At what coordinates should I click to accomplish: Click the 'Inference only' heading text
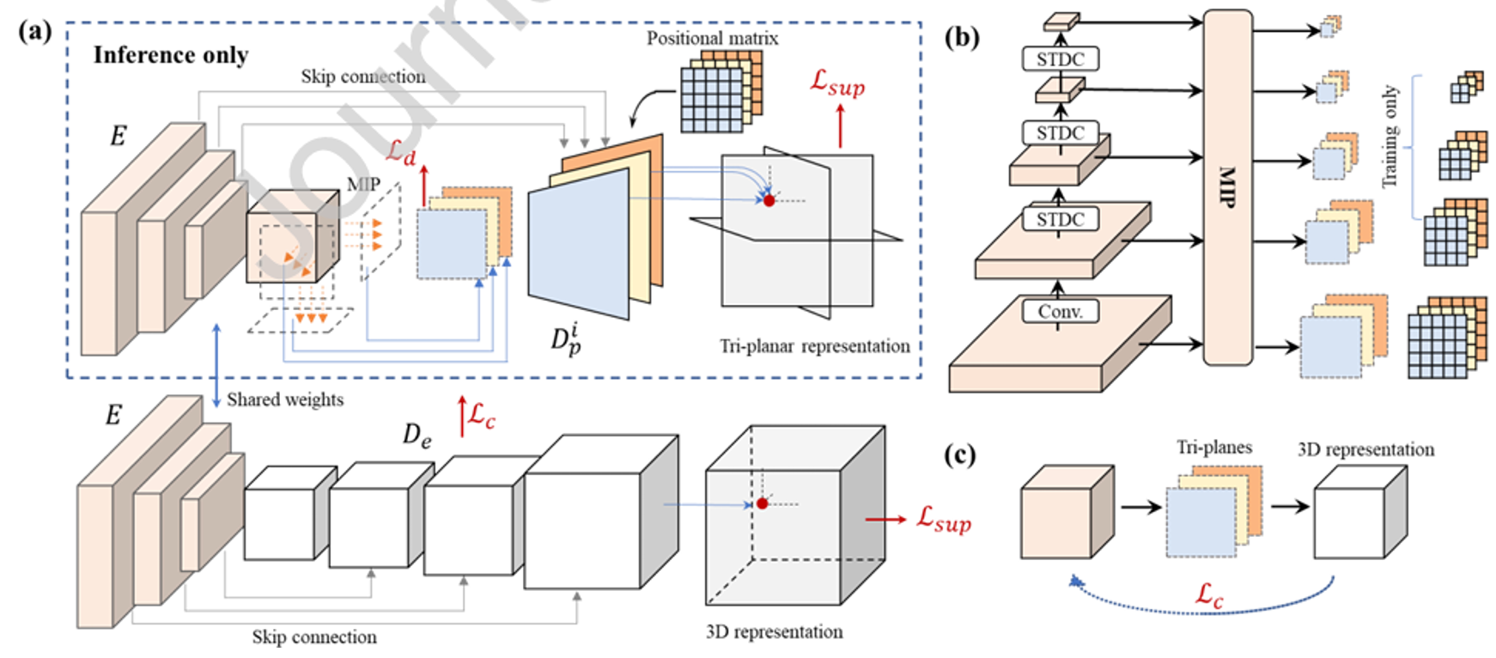(x=170, y=55)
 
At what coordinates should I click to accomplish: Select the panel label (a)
(x=34, y=32)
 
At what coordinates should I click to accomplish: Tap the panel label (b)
(x=961, y=37)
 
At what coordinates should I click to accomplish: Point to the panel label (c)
(x=959, y=454)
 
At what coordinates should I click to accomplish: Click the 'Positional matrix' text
(x=712, y=39)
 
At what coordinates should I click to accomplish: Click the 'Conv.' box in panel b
(x=1060, y=311)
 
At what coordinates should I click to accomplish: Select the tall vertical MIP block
(x=1226, y=186)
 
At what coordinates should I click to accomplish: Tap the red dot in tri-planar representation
(x=769, y=200)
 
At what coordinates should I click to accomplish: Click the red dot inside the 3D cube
(x=762, y=503)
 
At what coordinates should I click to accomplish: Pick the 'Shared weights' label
(x=284, y=399)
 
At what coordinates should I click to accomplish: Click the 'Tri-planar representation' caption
(x=814, y=346)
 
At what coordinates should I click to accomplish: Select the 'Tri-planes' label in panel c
(x=1213, y=448)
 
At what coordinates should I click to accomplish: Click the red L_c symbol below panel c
(x=1209, y=594)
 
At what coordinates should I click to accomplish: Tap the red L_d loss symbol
(x=400, y=152)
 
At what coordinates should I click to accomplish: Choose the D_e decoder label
(x=417, y=436)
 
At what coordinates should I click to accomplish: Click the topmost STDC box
(x=1060, y=59)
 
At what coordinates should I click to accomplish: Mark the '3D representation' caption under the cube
(x=774, y=632)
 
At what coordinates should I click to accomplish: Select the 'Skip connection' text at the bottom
(x=313, y=637)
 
